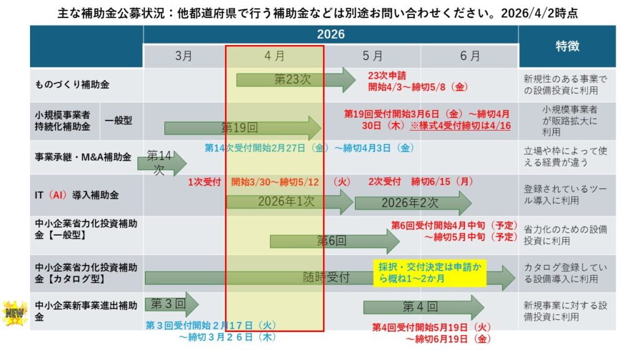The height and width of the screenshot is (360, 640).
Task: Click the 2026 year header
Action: pyautogui.click(x=331, y=34)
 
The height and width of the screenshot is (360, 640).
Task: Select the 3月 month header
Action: pyautogui.click(x=184, y=56)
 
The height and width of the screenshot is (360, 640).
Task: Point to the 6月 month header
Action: pyautogui.click(x=469, y=56)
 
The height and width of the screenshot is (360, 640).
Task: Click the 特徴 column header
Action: pyautogui.click(x=567, y=46)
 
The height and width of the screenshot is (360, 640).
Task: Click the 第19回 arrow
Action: pyautogui.click(x=241, y=128)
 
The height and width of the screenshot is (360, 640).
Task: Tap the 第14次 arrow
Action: pyautogui.click(x=164, y=162)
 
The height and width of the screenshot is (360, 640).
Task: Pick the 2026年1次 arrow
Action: pyautogui.click(x=288, y=202)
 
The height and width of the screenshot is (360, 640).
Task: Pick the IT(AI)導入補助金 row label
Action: pyautogui.click(x=77, y=195)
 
